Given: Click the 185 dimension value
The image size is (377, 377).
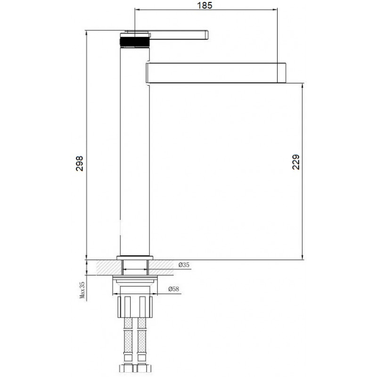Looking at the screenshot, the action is [205, 5].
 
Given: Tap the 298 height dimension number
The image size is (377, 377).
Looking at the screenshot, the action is [79, 164].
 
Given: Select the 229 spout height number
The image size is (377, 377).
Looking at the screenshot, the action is [296, 162].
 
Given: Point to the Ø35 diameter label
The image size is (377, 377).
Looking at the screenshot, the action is [184, 265].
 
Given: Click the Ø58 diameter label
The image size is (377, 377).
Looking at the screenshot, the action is [173, 289].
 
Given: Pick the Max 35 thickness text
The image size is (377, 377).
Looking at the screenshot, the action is [82, 290].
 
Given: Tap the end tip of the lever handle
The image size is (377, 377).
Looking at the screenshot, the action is [208, 34].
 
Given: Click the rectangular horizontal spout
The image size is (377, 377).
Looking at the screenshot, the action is [216, 73].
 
